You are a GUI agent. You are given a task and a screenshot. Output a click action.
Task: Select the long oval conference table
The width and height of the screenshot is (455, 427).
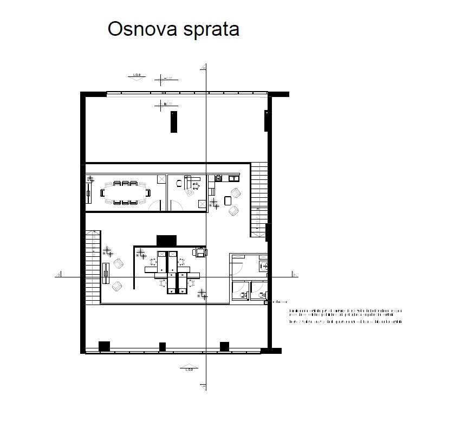coord(125,193)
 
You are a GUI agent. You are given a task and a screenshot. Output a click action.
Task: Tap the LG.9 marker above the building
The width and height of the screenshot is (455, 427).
coord(138,76)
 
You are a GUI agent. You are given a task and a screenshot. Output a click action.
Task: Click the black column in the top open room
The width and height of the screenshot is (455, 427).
coord(173,121)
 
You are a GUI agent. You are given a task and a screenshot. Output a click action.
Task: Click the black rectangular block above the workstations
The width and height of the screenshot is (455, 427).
coord(166,240)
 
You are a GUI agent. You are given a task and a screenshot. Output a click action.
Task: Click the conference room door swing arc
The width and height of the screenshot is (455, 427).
coord(155,205)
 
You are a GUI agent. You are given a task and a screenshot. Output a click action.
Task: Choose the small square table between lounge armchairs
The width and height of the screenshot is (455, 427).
coord(227,201)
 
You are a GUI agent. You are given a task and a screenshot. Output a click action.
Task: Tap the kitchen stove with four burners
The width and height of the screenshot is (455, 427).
coord(219,178)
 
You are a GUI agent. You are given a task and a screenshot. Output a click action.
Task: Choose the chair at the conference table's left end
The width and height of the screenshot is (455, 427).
coord(102,193)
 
